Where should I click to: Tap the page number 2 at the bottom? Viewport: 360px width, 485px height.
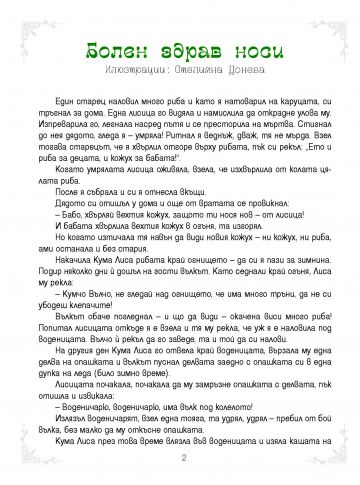tap(180, 459)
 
